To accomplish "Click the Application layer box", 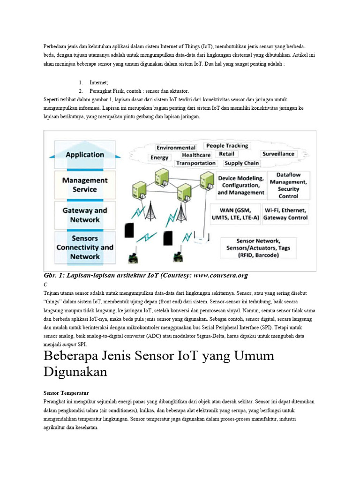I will [x=85, y=155].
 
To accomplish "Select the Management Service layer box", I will [x=85, y=185].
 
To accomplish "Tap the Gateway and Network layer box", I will [x=85, y=215].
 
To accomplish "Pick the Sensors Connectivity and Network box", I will [x=85, y=247].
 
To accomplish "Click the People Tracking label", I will [x=227, y=146].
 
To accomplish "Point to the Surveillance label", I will [x=278, y=154].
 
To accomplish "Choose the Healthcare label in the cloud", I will [x=196, y=155].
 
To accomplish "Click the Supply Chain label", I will [x=241, y=163].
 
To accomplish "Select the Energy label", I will [x=159, y=157].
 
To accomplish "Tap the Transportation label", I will [x=196, y=163].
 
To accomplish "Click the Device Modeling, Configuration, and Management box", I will [x=241, y=185].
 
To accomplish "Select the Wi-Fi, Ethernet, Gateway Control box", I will [x=285, y=214].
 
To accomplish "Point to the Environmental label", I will [x=176, y=148].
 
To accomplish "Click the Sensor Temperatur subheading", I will [x=66, y=393].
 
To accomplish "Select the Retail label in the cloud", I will [x=227, y=154].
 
